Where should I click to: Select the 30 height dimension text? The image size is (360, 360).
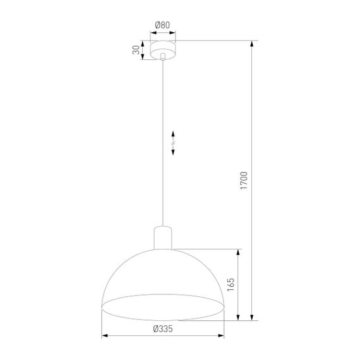(135, 51)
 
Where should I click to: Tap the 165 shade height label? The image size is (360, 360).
(231, 284)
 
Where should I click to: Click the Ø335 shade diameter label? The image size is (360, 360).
(163, 328)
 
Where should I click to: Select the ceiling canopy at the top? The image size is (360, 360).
(163, 50)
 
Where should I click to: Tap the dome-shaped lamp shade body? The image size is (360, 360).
(163, 272)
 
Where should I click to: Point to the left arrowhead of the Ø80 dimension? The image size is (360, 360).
(152, 33)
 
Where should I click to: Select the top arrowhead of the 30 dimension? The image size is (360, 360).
(143, 44)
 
